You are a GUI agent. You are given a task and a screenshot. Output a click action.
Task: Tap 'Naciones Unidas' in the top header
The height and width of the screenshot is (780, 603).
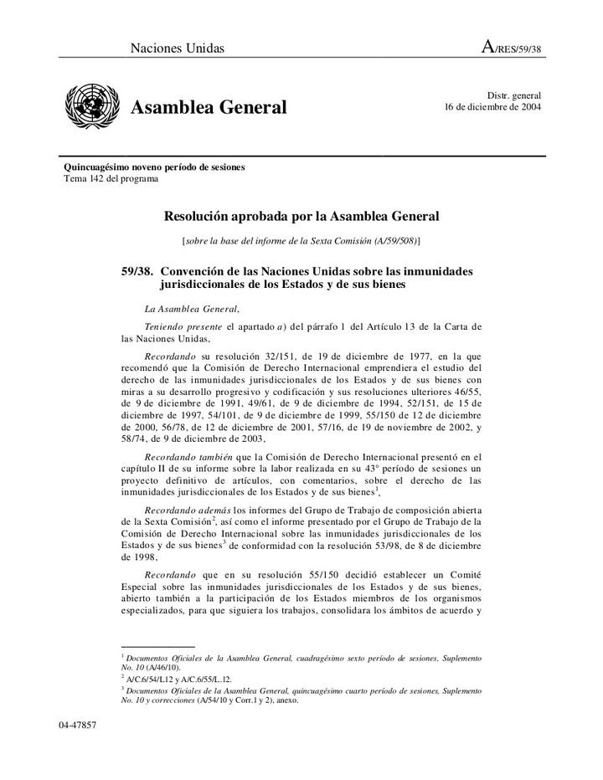[177, 49]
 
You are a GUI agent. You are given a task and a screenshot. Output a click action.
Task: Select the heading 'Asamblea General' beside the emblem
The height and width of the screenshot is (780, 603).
[209, 108]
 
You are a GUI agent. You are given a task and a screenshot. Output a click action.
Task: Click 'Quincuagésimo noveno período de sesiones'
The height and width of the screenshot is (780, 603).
[155, 167]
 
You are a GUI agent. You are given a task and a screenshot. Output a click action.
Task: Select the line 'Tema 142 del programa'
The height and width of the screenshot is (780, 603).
[111, 179]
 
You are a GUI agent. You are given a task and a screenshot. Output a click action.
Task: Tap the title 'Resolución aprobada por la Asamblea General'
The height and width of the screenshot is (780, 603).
[301, 217]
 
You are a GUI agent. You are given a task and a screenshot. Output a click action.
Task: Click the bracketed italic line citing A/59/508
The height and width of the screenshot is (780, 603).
[301, 241]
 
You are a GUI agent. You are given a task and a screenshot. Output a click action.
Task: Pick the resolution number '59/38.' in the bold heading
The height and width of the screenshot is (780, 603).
[137, 272]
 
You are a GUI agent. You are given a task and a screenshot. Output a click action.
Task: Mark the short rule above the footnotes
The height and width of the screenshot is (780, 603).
[157, 647]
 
